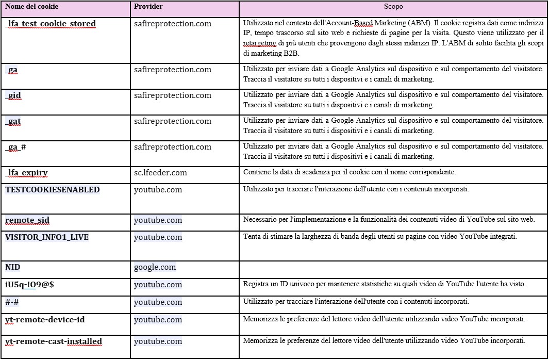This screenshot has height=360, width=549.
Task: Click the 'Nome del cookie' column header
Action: point(31,7)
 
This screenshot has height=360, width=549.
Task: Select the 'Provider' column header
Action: point(148,7)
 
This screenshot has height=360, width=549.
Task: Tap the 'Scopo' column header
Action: point(393,7)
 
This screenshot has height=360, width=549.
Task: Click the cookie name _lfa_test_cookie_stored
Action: point(51,24)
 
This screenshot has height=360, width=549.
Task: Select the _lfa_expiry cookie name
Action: point(26,172)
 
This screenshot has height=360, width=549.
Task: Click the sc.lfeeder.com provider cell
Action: point(160,172)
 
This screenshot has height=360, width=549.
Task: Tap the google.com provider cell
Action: point(155,267)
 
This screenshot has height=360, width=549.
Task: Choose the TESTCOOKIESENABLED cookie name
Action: point(53,189)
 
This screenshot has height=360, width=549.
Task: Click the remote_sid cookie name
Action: point(27,220)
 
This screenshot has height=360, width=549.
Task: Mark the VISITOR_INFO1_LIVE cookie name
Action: point(47,237)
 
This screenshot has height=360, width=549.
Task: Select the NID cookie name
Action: point(13,267)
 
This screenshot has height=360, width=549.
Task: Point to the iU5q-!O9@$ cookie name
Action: point(30,285)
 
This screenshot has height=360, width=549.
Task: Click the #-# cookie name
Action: point(12,302)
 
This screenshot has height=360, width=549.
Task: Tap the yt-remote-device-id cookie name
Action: point(45,320)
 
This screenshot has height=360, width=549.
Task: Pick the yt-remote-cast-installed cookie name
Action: point(54,341)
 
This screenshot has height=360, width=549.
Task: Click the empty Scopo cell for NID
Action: point(393,269)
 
